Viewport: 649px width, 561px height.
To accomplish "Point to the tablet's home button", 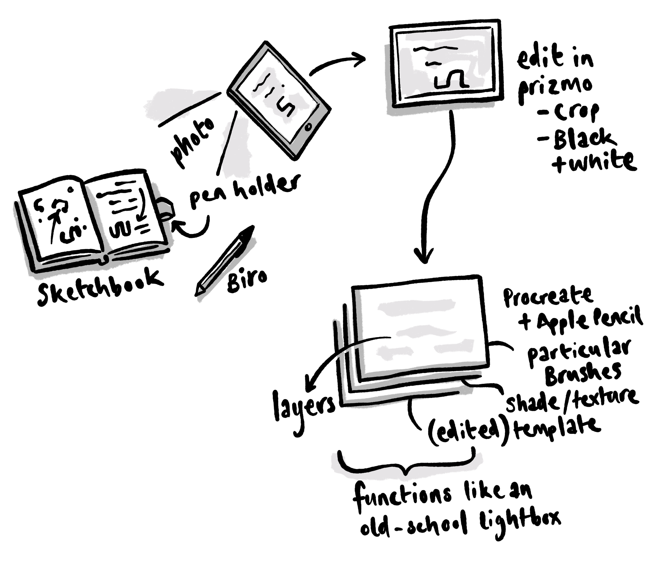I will pyautogui.click(x=307, y=127).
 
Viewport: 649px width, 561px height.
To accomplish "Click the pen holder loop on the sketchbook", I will pyautogui.click(x=166, y=208).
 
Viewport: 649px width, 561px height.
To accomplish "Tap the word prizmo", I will pyautogui.click(x=555, y=87).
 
